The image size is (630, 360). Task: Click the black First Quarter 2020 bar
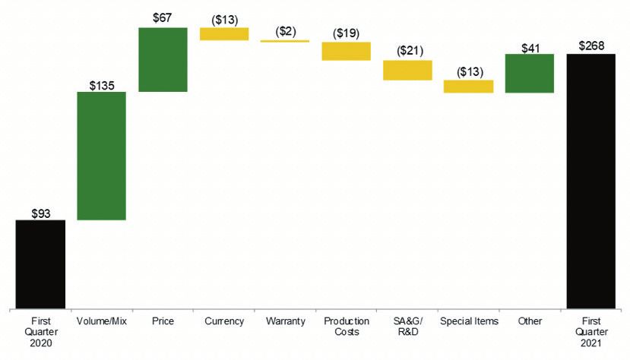tap(40, 264)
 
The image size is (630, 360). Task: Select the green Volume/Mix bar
tap(102, 156)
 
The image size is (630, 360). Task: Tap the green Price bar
tap(163, 59)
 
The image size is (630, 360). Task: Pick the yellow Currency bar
tap(224, 33)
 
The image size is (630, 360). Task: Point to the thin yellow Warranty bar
tap(285, 41)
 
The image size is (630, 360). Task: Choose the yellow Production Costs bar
tap(346, 51)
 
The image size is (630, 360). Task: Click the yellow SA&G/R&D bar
tap(407, 70)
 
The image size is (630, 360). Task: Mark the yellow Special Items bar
tap(468, 87)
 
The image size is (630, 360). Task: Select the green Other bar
tap(530, 73)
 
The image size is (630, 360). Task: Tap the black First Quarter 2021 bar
tap(590, 181)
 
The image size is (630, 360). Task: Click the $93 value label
tap(41, 213)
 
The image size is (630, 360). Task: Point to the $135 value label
tap(102, 85)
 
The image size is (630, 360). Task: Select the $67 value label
tap(163, 18)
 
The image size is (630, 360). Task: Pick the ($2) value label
tap(285, 31)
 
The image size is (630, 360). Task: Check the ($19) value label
tap(346, 33)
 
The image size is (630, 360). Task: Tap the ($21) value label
tap(407, 52)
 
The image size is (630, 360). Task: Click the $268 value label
tap(590, 46)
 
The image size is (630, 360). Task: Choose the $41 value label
tap(530, 47)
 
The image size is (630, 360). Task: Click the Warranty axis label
tap(285, 321)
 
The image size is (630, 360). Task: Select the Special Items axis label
tap(469, 321)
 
